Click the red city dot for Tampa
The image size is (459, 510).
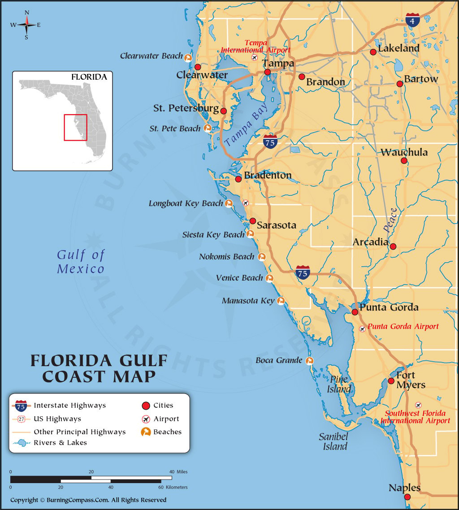pyautogui.click(x=268, y=72)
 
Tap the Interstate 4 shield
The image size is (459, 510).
pyautogui.click(x=412, y=20)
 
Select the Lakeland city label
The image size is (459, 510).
pyautogui.click(x=398, y=48)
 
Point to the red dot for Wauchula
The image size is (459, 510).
pyautogui.click(x=404, y=160)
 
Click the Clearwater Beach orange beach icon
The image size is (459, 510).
pyautogui.click(x=188, y=57)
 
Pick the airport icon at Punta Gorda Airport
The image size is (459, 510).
pyautogui.click(x=362, y=328)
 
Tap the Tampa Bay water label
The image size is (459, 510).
pyautogui.click(x=246, y=125)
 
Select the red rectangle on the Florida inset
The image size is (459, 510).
pyautogui.click(x=75, y=127)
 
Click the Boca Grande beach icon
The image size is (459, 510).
pyautogui.click(x=309, y=361)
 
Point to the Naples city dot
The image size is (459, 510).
pyautogui.click(x=407, y=497)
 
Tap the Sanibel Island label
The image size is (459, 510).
pyautogui.click(x=333, y=441)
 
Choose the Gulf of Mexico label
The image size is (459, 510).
pyautogui.click(x=81, y=262)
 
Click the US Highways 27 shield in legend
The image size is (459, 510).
pyautogui.click(x=22, y=419)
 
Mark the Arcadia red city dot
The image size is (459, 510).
pyautogui.click(x=393, y=246)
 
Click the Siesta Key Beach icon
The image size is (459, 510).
pyautogui.click(x=250, y=234)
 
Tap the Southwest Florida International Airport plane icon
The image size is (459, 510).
pyautogui.click(x=418, y=405)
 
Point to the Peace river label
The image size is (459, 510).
pyautogui.click(x=390, y=220)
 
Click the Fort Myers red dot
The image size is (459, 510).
pyautogui.click(x=391, y=381)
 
